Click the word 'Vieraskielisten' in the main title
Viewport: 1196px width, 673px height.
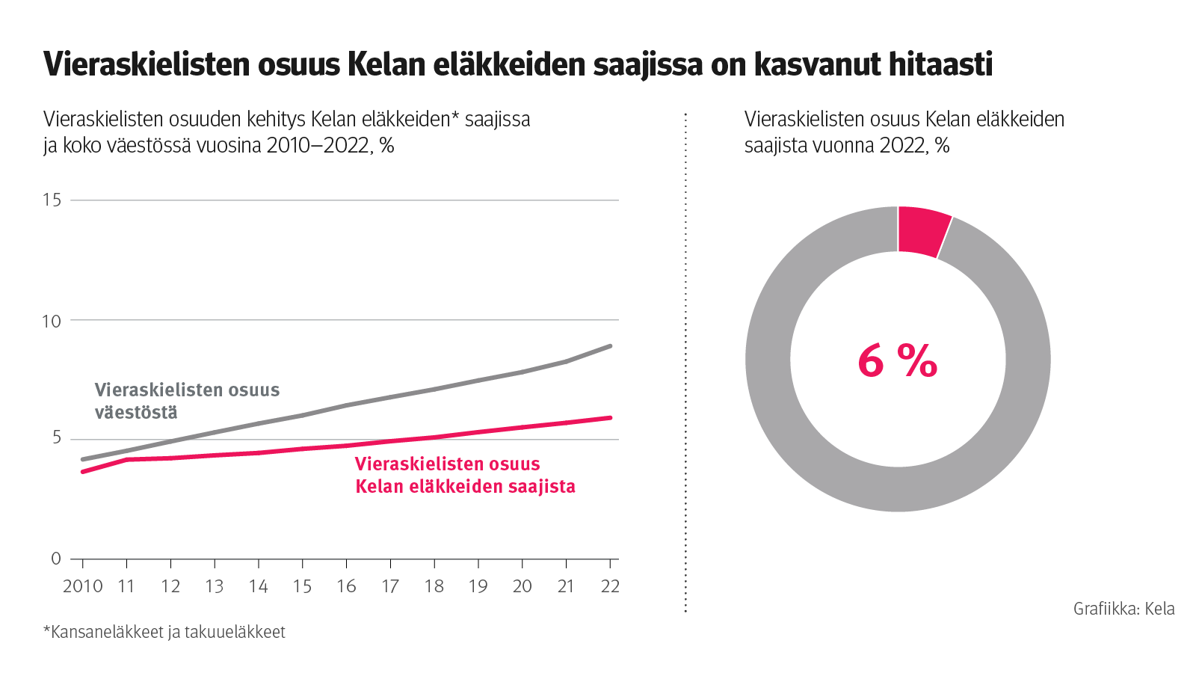pyautogui.click(x=146, y=64)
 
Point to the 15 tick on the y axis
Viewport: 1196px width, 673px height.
pyautogui.click(x=52, y=200)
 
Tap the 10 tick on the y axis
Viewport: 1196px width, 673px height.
pyautogui.click(x=52, y=321)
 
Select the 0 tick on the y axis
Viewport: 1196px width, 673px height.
pyautogui.click(x=56, y=559)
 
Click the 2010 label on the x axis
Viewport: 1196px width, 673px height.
pyautogui.click(x=82, y=586)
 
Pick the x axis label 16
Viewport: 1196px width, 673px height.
pyautogui.click(x=346, y=586)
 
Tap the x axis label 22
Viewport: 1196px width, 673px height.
pyautogui.click(x=610, y=586)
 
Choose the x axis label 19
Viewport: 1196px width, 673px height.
pyautogui.click(x=478, y=586)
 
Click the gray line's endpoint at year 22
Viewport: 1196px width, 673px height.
pyautogui.click(x=610, y=346)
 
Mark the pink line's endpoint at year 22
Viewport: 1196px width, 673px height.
pyautogui.click(x=610, y=418)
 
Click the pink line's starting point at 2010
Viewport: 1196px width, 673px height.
pyautogui.click(x=83, y=472)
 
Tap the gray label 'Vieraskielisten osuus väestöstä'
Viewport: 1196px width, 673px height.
pyautogui.click(x=187, y=401)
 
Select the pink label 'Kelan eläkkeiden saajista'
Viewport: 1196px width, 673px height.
pyautogui.click(x=465, y=487)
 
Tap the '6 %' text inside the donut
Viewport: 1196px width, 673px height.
pyautogui.click(x=897, y=361)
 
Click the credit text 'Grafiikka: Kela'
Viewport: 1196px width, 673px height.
pyautogui.click(x=1123, y=609)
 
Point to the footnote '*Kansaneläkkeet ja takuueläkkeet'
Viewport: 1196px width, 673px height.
pyautogui.click(x=164, y=632)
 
